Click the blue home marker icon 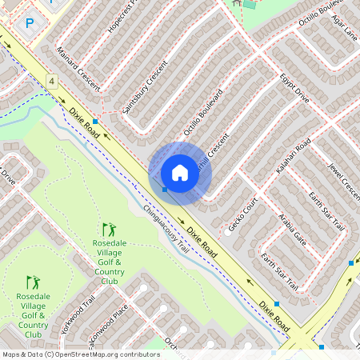pos(180,173)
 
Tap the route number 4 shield pos(51,82)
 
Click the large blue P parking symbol pos(30,24)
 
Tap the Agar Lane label pos(346,30)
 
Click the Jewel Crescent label pos(344,182)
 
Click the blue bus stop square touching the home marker pos(165,190)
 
